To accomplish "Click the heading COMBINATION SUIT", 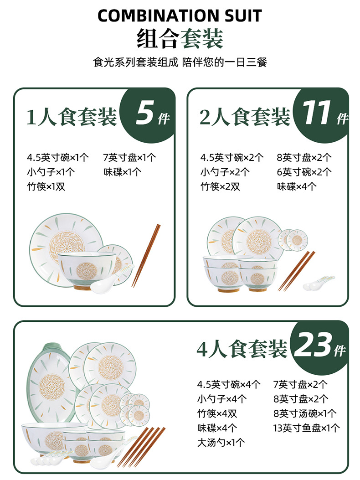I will click(x=180, y=16).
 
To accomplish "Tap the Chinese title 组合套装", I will click(x=180, y=38).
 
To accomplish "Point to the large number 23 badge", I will click(x=313, y=347).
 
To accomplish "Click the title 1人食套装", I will click(x=72, y=117).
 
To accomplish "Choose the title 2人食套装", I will click(x=245, y=117).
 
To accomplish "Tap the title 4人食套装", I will click(x=242, y=349).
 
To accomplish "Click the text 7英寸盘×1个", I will click(x=129, y=158).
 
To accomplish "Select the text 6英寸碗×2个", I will click(x=304, y=172).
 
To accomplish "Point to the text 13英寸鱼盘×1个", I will click(x=306, y=428).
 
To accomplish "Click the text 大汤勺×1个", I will click(x=221, y=442).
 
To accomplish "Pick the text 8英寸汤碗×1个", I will click(x=305, y=413).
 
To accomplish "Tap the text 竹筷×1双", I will click(x=46, y=186).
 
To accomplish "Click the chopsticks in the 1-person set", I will click(x=146, y=255).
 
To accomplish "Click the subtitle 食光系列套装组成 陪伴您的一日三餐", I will click(x=180, y=62).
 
